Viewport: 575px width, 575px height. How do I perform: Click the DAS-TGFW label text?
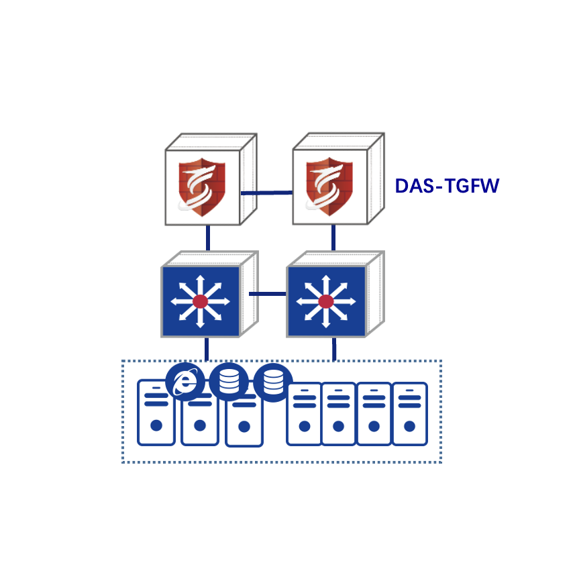coord(447,186)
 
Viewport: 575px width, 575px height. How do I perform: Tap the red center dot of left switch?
coord(201,301)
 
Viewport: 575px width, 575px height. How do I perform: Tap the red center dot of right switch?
coord(326,301)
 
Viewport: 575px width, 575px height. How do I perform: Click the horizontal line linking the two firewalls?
coord(266,193)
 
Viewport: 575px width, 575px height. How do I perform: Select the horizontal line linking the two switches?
coord(268,294)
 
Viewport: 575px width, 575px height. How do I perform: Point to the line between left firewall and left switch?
coord(208,238)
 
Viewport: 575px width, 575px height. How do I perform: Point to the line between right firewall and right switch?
coord(333,238)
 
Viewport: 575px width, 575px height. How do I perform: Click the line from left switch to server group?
coord(207,348)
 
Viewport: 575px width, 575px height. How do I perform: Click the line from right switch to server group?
coord(334,348)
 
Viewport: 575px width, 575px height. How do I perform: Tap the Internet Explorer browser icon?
coord(185,382)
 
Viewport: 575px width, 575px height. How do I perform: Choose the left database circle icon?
coord(229,382)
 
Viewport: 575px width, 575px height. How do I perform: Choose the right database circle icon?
coord(273,382)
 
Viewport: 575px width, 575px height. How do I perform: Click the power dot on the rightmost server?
coord(409,425)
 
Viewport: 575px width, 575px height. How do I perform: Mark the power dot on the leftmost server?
coord(156,425)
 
